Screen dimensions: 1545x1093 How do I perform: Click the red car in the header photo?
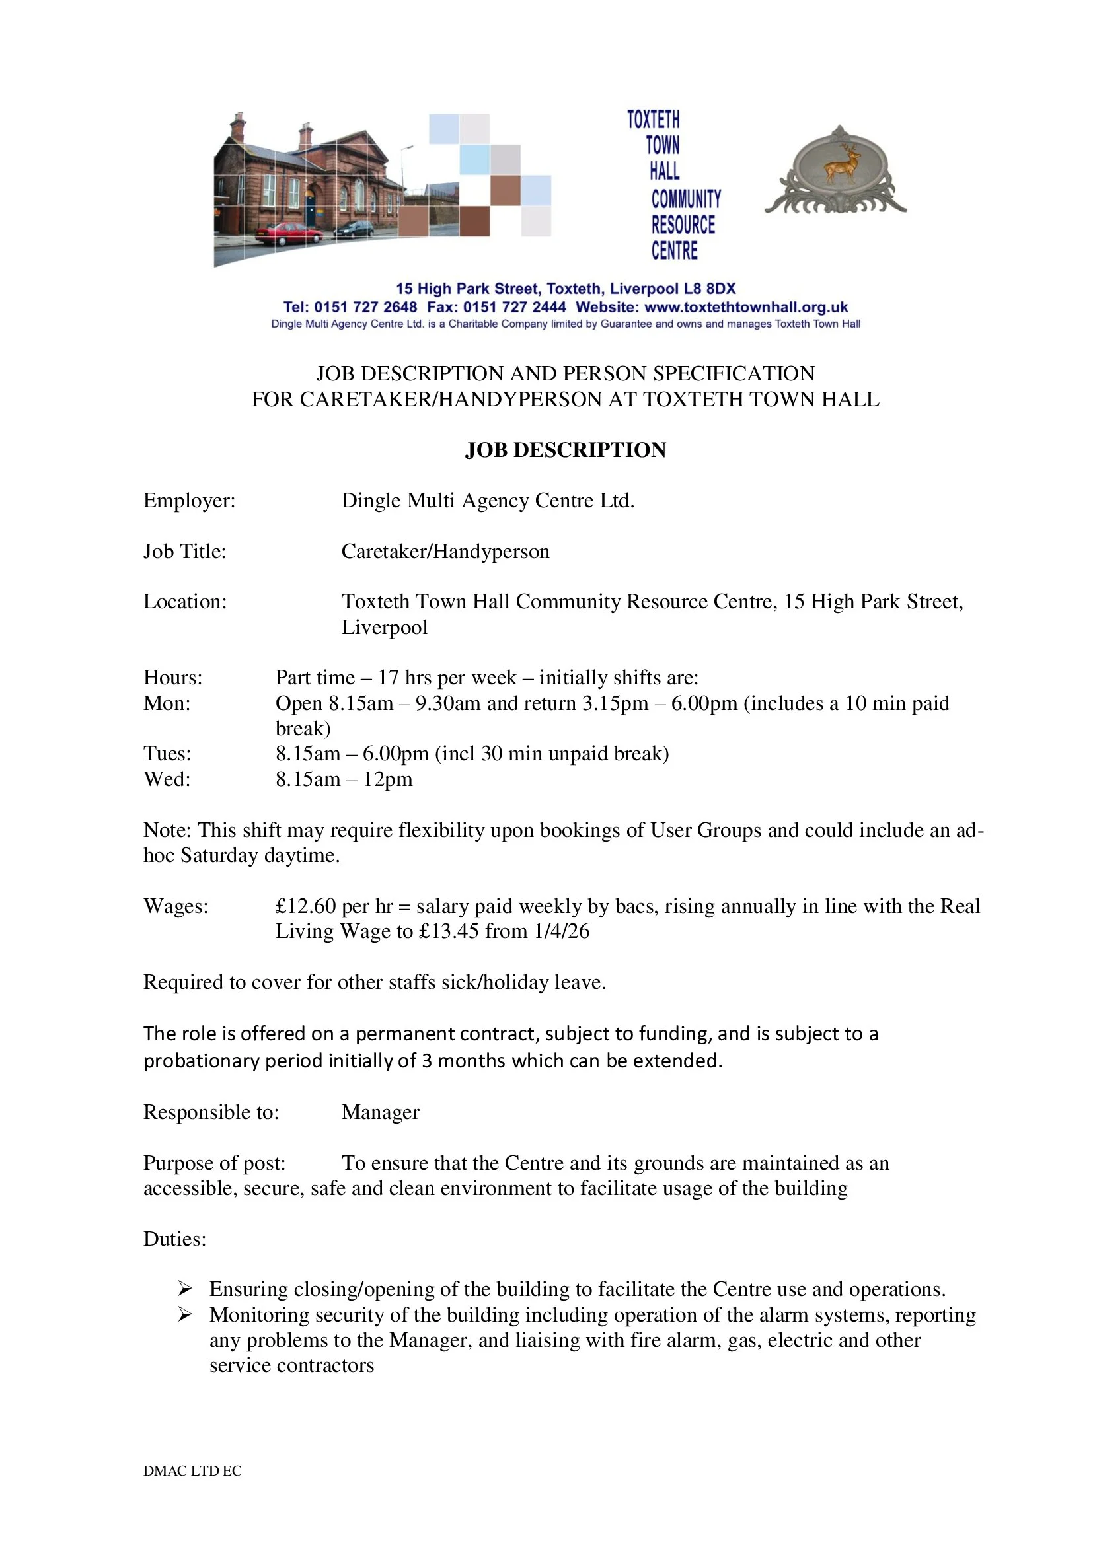point(289,234)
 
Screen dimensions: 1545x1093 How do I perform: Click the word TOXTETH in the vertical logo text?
point(654,120)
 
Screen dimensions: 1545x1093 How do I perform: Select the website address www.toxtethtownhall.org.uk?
point(745,307)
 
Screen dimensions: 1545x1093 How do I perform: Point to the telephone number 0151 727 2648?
point(365,307)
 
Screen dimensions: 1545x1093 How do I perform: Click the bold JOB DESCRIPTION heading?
point(566,450)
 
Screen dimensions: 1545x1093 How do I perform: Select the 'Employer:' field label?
point(189,501)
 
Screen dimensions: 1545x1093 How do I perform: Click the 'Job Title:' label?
point(184,551)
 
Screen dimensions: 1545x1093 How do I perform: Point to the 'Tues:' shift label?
point(167,754)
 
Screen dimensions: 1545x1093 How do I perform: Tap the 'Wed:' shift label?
point(167,779)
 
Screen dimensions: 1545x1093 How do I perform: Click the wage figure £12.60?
point(305,906)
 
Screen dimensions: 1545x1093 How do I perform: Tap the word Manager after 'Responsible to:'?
point(380,1112)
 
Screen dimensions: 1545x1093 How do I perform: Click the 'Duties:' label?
point(174,1239)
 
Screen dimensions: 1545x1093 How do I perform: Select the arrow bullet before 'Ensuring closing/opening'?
point(185,1289)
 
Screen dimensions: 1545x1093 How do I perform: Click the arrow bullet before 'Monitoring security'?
point(185,1314)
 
